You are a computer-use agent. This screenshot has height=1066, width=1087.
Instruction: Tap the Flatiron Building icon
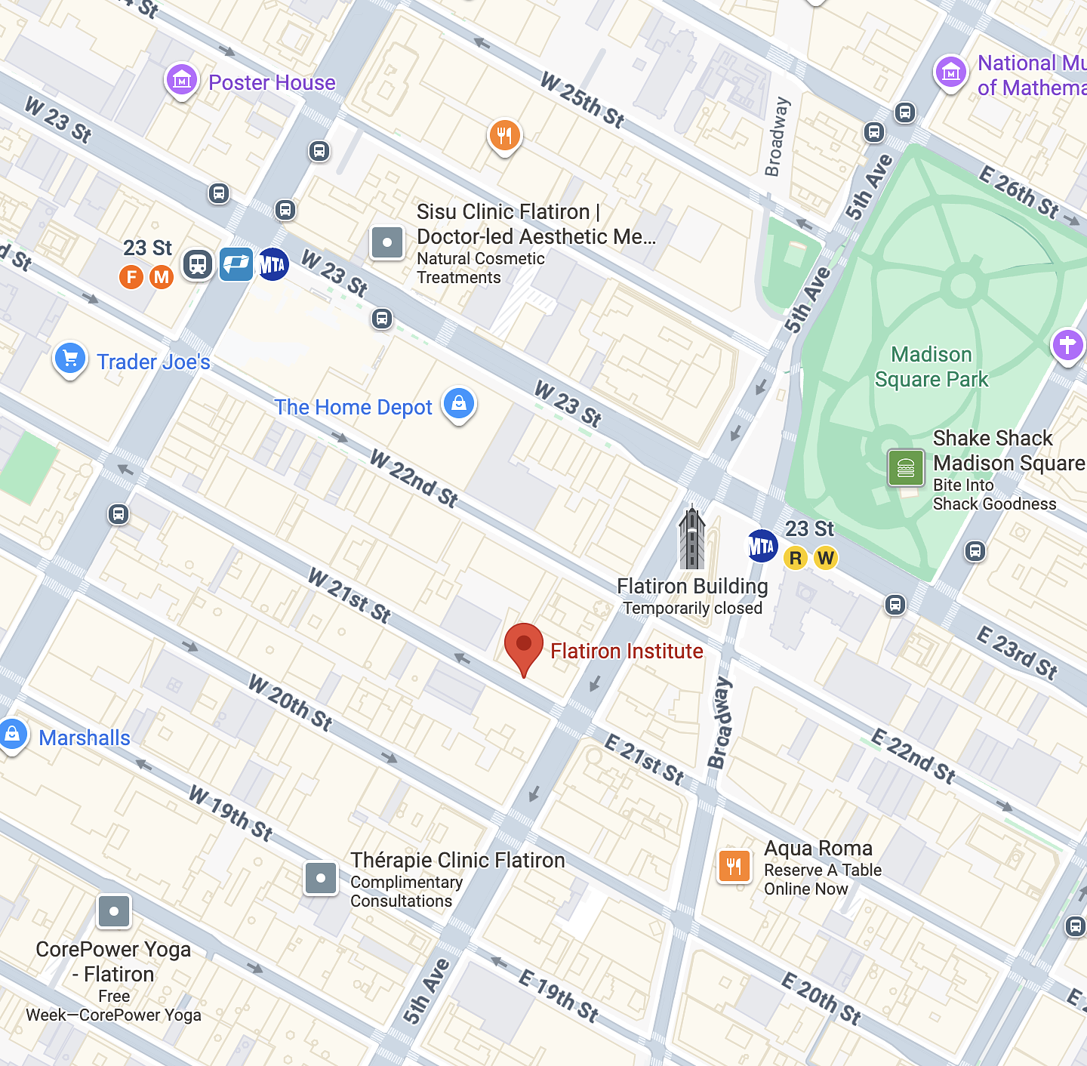point(691,539)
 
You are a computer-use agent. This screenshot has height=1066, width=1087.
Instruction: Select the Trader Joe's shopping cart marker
point(70,358)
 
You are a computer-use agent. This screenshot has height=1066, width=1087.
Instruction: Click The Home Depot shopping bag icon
point(459,403)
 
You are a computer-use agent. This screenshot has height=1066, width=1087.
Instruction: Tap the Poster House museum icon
point(182,79)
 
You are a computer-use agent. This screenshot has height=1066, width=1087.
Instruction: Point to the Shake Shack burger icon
point(906,468)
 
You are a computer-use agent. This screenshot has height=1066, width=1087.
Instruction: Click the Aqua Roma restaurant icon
point(734,865)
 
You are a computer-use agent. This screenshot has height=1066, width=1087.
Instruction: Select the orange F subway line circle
point(131,277)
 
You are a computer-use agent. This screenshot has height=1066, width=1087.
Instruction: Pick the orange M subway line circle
point(162,277)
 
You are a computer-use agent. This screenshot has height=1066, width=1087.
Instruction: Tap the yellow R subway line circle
point(796,558)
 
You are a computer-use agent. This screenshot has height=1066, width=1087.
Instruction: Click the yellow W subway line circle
point(826,558)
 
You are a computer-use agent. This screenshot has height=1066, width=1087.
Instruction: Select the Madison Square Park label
point(931,367)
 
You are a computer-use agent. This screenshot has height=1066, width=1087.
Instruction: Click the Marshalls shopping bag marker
point(13,734)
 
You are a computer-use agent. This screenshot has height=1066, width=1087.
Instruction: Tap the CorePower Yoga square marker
point(114,911)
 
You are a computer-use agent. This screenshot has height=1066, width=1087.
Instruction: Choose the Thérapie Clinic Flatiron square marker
point(321,878)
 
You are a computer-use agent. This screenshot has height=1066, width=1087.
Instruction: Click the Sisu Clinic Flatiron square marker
point(387,242)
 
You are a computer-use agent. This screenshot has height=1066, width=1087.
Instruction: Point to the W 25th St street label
point(582,100)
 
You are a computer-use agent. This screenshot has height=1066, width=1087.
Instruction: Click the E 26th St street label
point(1019,193)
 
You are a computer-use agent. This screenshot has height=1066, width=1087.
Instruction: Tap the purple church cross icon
point(1067,346)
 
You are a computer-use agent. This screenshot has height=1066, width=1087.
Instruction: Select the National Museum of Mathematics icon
point(951,72)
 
